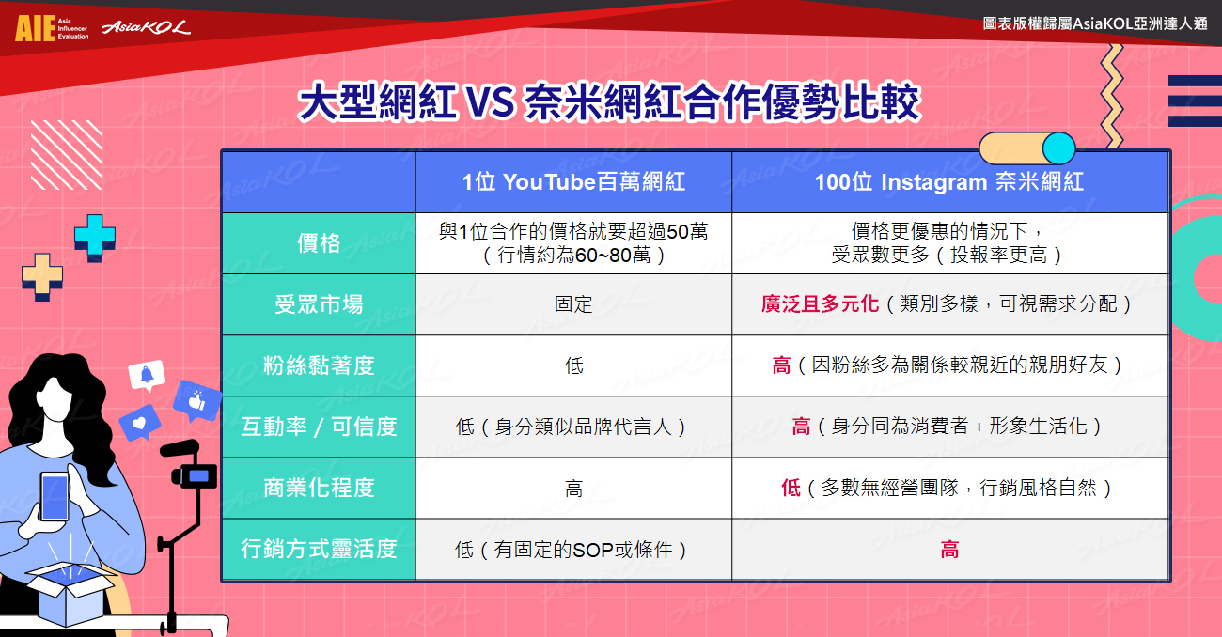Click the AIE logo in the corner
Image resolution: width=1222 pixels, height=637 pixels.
coord(52,28)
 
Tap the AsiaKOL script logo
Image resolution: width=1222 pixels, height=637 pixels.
coord(147,27)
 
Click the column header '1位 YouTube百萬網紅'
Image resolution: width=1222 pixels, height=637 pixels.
coord(573,181)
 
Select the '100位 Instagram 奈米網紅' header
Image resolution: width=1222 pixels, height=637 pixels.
coord(949,181)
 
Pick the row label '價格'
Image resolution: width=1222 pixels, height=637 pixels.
coord(319,242)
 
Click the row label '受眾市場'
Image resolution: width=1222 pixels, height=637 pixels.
coord(319,303)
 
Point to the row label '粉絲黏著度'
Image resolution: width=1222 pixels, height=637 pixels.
coord(319,365)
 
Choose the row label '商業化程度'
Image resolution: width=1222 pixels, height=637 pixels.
coord(319,487)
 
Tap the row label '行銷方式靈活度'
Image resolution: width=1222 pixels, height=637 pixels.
coord(319,548)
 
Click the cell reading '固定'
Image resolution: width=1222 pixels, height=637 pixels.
coord(573,303)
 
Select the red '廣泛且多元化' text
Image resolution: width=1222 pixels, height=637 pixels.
coord(820,303)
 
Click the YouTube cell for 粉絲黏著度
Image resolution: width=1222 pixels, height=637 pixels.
coord(573,365)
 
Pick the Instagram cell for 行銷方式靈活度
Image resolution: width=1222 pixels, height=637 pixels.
coord(949,549)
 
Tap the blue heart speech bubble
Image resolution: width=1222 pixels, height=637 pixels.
coord(140,422)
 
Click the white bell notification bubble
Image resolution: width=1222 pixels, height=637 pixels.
coord(147,376)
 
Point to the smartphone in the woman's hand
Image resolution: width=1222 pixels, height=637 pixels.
coord(55,496)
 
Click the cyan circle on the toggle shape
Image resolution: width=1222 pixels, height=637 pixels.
coord(1058,148)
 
